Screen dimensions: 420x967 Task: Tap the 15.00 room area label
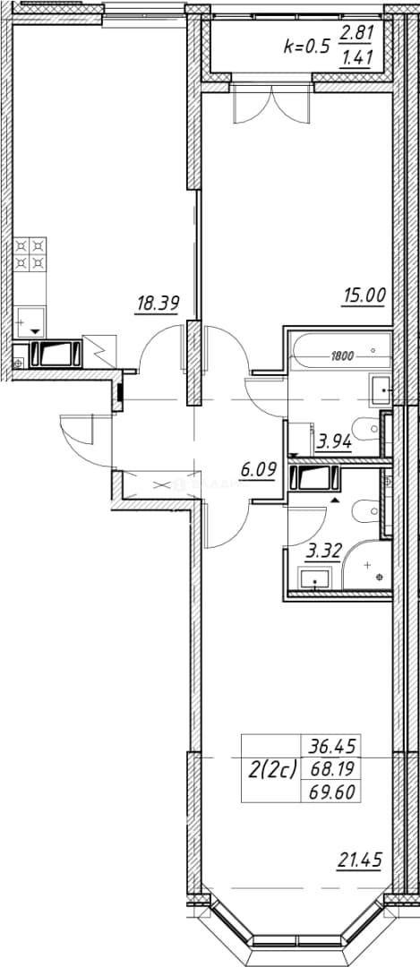click(364, 296)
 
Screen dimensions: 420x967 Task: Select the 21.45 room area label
click(360, 858)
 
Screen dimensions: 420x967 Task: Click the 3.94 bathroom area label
click(333, 441)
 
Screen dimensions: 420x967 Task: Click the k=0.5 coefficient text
click(306, 45)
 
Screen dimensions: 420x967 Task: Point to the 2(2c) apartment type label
click(272, 769)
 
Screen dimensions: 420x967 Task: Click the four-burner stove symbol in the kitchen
click(30, 254)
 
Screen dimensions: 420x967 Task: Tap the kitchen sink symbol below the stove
click(29, 322)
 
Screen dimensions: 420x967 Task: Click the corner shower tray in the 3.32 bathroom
click(366, 568)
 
